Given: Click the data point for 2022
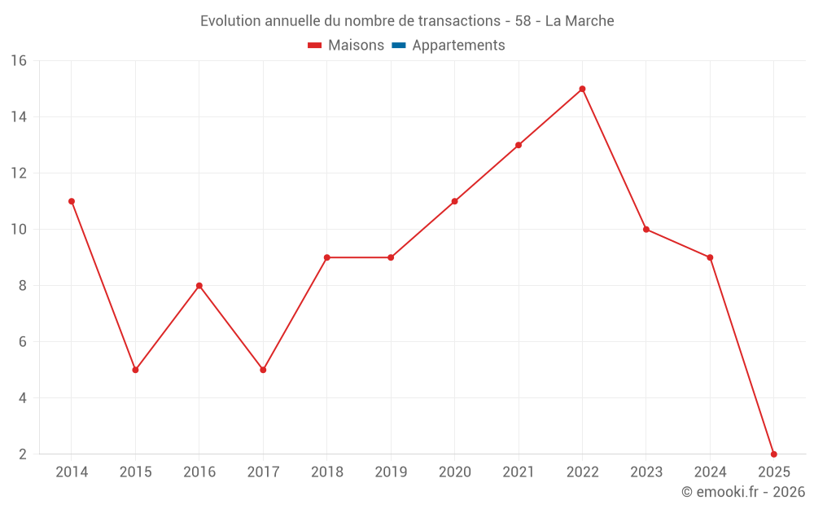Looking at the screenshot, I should click(x=582, y=89).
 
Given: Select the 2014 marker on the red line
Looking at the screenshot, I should click(x=72, y=201).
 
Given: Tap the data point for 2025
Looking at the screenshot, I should click(x=773, y=454).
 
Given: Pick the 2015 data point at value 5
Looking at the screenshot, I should click(x=135, y=370).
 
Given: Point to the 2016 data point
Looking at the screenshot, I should click(x=199, y=286).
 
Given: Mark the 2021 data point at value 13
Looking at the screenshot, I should click(x=519, y=145).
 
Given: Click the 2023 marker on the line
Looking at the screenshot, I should click(x=646, y=230).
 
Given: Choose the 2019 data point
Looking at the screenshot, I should click(x=391, y=257).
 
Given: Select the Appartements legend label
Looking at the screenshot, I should click(x=458, y=46).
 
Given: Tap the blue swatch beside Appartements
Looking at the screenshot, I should click(x=399, y=46).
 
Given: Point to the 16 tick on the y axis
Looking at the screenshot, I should click(x=19, y=61).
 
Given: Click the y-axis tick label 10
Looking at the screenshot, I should click(x=19, y=230).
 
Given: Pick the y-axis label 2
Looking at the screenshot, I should click(x=23, y=454).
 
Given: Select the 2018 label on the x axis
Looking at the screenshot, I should click(x=326, y=472).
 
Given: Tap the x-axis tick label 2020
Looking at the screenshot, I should click(x=454, y=472).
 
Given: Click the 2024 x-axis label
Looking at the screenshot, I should click(x=710, y=472).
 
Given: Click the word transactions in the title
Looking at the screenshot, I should click(x=458, y=20).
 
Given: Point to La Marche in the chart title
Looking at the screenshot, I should click(x=580, y=20).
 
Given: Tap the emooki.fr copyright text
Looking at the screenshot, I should click(x=743, y=492).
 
